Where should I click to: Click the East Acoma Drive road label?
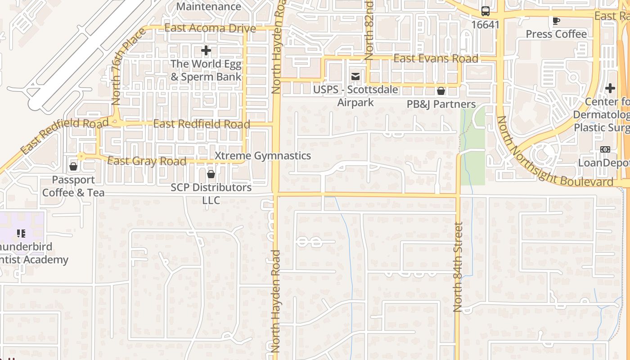click(x=210, y=28)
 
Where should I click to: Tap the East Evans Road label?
click(x=436, y=59)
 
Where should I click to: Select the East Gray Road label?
click(x=147, y=161)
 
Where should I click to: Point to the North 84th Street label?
click(x=458, y=267)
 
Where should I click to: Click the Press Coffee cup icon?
click(x=556, y=21)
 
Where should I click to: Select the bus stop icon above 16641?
click(x=486, y=11)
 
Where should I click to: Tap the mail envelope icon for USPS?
click(x=355, y=76)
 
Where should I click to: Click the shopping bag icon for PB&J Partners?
click(x=441, y=91)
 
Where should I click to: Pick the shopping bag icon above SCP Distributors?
click(x=211, y=174)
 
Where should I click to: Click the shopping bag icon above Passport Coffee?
click(x=73, y=166)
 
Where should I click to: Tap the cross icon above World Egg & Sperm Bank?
click(x=206, y=50)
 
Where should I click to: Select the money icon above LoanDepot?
click(x=605, y=149)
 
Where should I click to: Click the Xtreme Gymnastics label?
click(x=263, y=156)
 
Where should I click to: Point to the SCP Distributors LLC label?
click(x=211, y=193)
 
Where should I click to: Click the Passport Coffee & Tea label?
click(x=73, y=186)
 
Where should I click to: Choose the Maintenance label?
click(x=208, y=6)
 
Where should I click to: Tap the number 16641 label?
click(x=486, y=25)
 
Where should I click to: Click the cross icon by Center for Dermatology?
click(x=610, y=88)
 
